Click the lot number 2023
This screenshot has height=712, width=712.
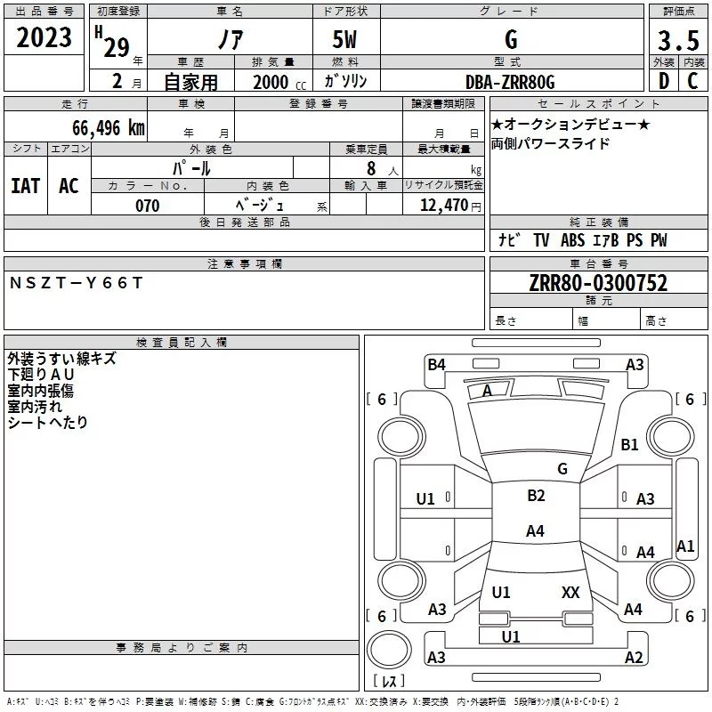tap(44, 37)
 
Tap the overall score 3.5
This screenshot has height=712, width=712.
tap(678, 41)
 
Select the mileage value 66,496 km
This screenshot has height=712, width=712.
tap(109, 128)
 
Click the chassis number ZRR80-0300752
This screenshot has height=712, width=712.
tap(598, 283)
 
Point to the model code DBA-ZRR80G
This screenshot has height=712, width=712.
tap(510, 82)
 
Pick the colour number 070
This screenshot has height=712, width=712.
tap(148, 206)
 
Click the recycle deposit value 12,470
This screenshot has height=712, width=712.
tap(444, 206)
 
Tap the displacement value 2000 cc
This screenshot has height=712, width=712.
tap(279, 82)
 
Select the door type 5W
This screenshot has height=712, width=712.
tap(344, 39)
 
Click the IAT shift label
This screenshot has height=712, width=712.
tap(26, 186)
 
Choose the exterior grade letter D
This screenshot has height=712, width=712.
tap(664, 81)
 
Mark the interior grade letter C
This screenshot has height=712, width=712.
tap(692, 81)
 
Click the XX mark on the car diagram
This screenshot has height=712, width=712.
tap(570, 592)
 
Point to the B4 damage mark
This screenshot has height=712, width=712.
tap(436, 364)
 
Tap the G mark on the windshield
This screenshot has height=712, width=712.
tap(562, 468)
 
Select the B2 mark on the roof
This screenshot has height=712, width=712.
tap(536, 495)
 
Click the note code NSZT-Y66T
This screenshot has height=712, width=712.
tap(77, 283)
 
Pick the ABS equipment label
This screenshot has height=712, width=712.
tap(572, 239)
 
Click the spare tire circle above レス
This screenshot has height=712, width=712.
tap(389, 650)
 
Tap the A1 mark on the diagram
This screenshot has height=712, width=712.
tap(685, 546)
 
